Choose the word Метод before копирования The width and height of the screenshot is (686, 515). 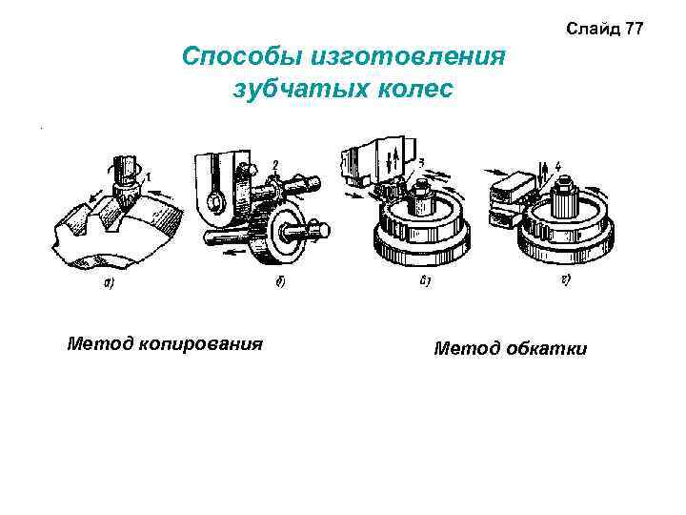click(94, 343)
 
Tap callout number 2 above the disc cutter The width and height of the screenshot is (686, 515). click(274, 165)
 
